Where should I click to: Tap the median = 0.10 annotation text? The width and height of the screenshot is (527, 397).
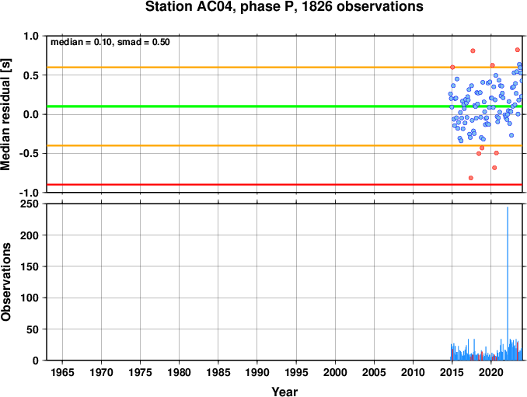[81, 42]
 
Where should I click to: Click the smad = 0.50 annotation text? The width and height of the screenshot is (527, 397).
[144, 42]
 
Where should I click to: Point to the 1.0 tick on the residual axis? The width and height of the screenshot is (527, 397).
[31, 36]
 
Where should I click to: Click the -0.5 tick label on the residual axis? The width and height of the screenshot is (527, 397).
[29, 154]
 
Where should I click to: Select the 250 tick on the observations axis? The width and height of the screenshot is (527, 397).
[30, 204]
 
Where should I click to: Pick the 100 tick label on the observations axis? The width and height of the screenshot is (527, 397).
[30, 298]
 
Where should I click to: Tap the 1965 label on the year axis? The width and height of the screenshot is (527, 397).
[62, 372]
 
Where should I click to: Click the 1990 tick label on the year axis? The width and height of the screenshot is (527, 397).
[257, 372]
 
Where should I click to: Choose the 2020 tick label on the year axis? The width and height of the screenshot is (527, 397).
[491, 372]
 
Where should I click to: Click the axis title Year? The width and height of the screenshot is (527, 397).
[284, 392]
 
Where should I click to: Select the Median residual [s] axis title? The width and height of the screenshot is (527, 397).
[5, 114]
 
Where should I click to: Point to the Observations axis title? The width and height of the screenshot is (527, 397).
[5, 282]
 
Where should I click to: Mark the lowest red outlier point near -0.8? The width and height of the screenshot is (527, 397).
[471, 178]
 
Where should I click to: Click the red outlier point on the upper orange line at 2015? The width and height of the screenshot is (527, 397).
[452, 67]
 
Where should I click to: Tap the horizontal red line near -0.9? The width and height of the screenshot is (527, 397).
[284, 184]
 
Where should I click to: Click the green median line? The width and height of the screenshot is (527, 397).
[284, 106]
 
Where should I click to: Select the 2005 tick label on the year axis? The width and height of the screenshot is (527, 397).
[374, 372]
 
